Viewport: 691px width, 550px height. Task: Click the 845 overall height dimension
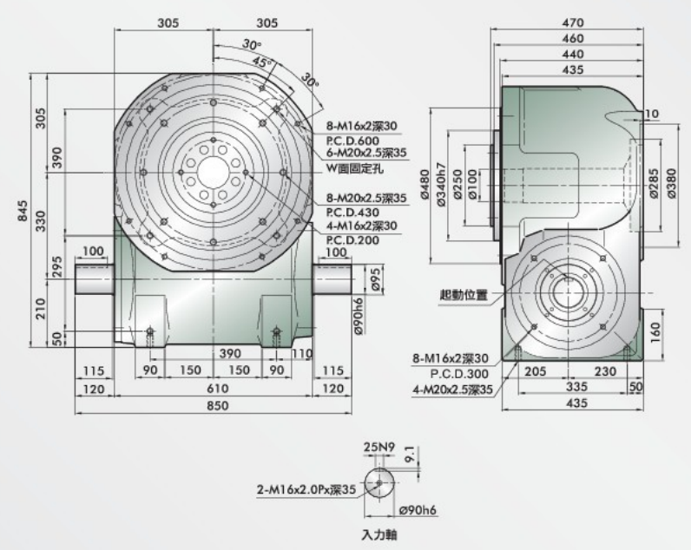23,211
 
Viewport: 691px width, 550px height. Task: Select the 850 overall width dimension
218,405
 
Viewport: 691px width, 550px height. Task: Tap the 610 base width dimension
218,389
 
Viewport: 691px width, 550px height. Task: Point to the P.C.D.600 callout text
352,141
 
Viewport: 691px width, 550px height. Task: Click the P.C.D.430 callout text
352,212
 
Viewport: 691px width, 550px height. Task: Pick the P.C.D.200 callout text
352,240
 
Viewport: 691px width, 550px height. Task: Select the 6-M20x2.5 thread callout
366,154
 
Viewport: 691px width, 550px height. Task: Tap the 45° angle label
263,62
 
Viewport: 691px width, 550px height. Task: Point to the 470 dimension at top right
573,23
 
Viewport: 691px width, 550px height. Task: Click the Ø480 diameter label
424,185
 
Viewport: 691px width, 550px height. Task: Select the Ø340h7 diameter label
441,185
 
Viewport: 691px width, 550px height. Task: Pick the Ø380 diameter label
671,184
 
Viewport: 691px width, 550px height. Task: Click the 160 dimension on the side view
655,334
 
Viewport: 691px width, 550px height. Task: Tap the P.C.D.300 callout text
459,374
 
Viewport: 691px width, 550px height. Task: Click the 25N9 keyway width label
379,448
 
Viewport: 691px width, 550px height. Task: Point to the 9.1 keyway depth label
410,454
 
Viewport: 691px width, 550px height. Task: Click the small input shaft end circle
379,482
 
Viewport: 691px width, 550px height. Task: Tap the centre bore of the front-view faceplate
214,173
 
